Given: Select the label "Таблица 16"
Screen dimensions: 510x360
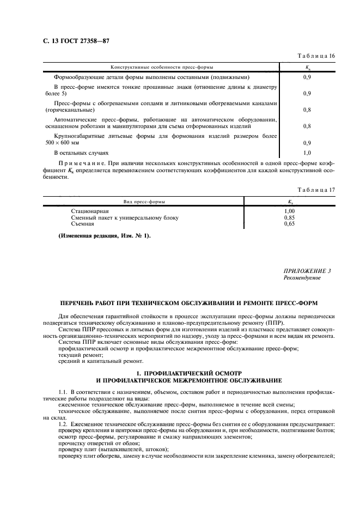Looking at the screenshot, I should [317, 56].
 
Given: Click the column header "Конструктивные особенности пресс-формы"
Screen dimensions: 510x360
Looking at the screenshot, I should [161, 67].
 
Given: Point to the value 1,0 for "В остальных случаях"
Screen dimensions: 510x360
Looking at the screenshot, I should [307, 153].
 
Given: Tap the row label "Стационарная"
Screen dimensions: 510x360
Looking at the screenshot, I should [90, 211].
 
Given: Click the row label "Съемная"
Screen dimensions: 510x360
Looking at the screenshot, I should [83, 223].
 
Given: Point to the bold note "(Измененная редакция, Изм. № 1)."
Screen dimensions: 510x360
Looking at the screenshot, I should [105, 235].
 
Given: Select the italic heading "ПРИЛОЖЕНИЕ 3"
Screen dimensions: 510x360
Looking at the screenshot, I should [307, 271].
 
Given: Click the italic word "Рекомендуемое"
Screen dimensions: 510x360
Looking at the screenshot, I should [302, 278].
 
